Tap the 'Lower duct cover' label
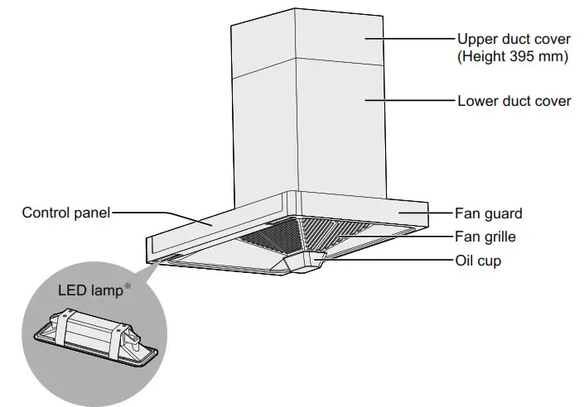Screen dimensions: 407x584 pyautogui.click(x=514, y=101)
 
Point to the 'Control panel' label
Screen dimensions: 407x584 pyautogui.click(x=65, y=213)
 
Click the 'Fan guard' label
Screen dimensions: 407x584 pyautogui.click(x=489, y=213)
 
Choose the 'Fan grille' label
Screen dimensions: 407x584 pyautogui.click(x=485, y=237)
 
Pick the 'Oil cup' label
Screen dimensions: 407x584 pyautogui.click(x=478, y=260)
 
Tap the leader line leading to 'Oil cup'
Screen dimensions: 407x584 pyautogui.click(x=389, y=260)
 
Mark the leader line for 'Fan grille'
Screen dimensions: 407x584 pyautogui.click(x=414, y=237)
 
